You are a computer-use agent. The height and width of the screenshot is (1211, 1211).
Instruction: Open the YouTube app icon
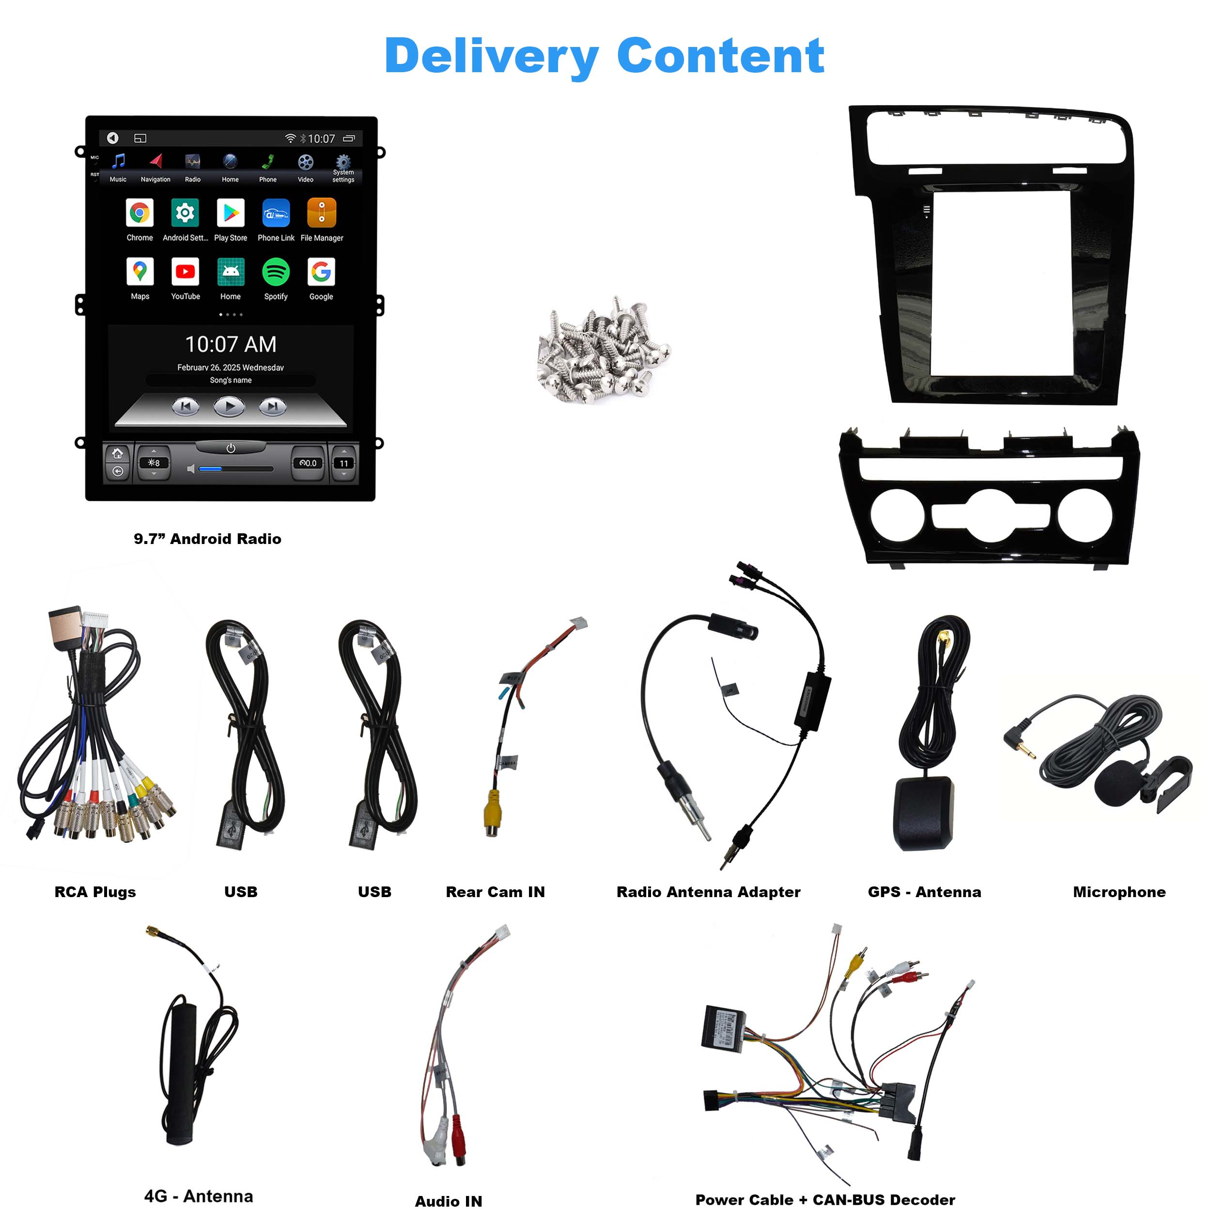[x=185, y=271]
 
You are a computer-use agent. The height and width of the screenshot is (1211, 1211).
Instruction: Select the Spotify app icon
[x=276, y=271]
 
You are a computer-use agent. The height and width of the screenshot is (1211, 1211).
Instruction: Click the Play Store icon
[x=231, y=213]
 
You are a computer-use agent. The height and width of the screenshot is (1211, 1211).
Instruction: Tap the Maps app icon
[x=140, y=271]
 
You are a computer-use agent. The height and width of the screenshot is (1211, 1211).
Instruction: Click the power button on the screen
[x=231, y=448]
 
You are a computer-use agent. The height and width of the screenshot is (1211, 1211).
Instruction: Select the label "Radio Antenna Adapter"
[x=708, y=892]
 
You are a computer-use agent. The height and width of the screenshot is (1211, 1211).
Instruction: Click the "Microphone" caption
[x=1119, y=892]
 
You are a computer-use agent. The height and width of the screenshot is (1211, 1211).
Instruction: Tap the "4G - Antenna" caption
[x=199, y=1196]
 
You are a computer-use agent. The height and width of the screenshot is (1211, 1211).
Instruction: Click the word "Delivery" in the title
[x=491, y=56]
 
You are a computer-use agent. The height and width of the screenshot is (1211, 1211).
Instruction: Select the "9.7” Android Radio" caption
[x=207, y=539]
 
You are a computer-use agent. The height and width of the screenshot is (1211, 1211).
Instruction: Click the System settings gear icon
[x=343, y=162]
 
